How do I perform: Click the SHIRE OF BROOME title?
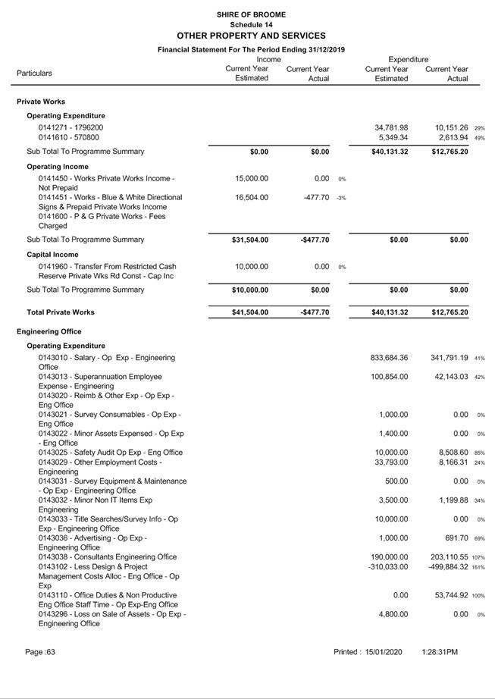251,14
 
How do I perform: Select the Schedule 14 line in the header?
251,24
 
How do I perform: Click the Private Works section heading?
41,102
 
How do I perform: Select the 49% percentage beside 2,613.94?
479,138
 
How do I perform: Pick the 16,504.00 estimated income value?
252,197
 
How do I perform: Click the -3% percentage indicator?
341,198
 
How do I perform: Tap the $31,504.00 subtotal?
250,240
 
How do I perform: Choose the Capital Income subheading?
52,255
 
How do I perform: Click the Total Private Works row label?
61,312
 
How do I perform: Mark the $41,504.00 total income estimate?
250,312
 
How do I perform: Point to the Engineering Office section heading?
49,332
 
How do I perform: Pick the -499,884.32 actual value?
448,567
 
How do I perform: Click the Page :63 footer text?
40,652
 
